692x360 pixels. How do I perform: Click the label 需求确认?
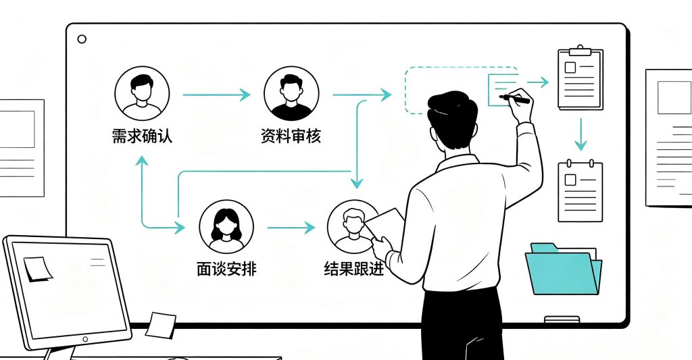click(x=142, y=136)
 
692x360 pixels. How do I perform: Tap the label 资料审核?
click(x=291, y=136)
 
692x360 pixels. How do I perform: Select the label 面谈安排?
click(x=226, y=269)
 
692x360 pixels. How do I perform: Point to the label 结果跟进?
click(x=353, y=269)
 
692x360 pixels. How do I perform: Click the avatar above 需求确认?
click(x=142, y=93)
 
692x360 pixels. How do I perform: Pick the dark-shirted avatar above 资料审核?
click(x=291, y=93)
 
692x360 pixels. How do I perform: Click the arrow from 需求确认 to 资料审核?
click(x=217, y=95)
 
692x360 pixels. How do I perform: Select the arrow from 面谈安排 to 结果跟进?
click(x=291, y=228)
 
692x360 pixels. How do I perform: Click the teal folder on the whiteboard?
click(x=564, y=268)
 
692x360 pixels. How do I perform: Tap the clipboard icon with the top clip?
click(x=580, y=77)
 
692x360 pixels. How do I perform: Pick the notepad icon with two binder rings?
click(x=580, y=190)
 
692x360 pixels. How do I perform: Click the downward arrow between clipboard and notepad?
click(x=580, y=134)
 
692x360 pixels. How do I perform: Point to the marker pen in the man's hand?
click(x=514, y=99)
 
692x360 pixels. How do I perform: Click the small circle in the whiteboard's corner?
click(x=82, y=38)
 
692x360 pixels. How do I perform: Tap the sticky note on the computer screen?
click(x=39, y=269)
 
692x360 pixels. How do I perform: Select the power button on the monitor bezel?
click(x=85, y=339)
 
